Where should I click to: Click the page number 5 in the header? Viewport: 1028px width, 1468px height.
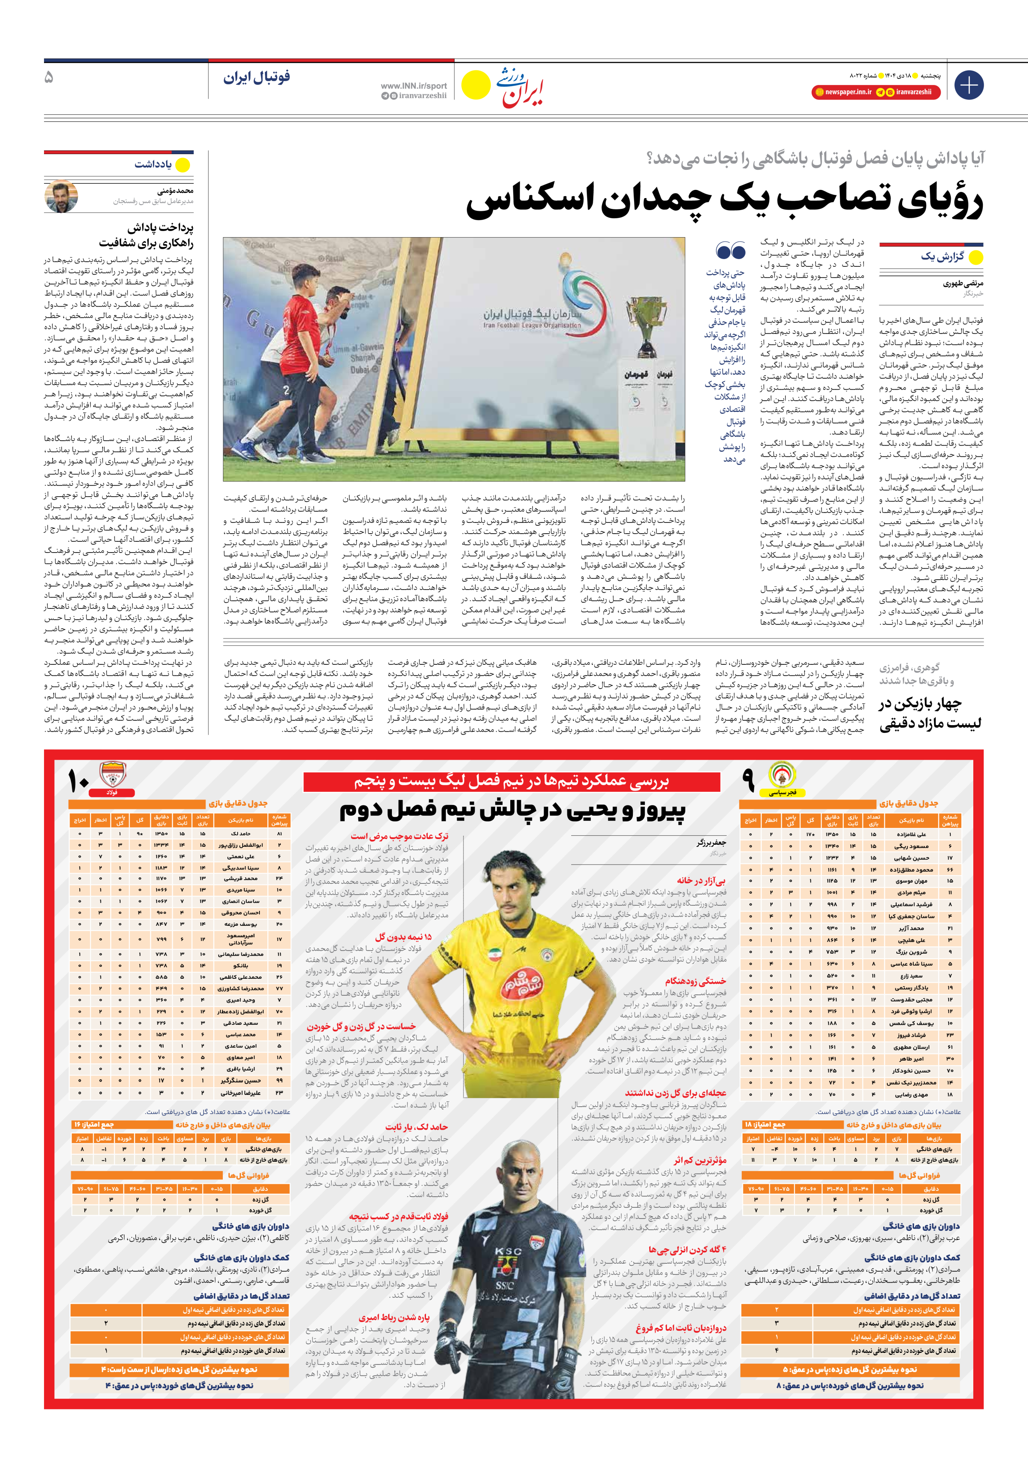49,77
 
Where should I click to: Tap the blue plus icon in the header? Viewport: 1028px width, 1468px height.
968,85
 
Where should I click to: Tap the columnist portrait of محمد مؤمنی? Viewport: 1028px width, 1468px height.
61,196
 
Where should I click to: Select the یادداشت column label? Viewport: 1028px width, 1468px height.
153,164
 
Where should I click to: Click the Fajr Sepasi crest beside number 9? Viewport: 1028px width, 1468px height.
781,775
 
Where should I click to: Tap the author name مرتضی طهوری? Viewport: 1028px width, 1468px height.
963,283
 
